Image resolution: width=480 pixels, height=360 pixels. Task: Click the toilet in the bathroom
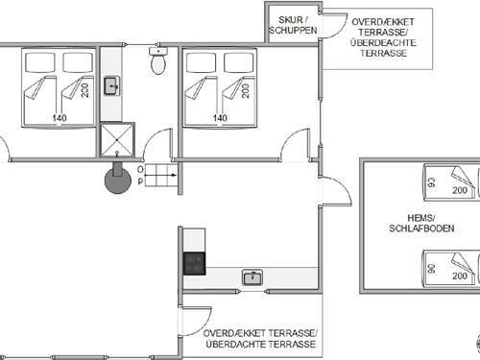click(x=158, y=60)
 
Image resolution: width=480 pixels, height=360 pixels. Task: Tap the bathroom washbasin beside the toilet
click(x=111, y=85)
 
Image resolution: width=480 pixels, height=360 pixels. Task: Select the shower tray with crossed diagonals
click(x=117, y=140)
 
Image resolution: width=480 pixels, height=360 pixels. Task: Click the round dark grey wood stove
click(x=118, y=180)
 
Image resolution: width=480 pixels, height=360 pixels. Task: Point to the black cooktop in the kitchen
click(x=194, y=264)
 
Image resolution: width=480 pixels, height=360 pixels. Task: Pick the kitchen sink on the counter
click(x=252, y=277)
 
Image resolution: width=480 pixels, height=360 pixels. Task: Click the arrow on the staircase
click(x=160, y=175)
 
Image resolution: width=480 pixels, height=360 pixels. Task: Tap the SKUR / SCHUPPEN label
click(x=293, y=25)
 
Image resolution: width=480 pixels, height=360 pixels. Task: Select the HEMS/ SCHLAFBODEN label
click(x=421, y=223)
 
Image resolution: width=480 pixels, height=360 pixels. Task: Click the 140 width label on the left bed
click(x=60, y=118)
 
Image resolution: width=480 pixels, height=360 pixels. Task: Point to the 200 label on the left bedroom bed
click(x=85, y=90)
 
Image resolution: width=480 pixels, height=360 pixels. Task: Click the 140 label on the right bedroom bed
click(x=220, y=118)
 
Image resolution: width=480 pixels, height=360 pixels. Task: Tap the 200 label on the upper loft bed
click(x=460, y=190)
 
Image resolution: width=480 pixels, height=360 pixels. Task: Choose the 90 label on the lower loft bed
click(x=432, y=269)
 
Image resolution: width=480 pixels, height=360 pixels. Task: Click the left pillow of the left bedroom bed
click(x=40, y=62)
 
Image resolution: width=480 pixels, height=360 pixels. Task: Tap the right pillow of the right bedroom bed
click(x=239, y=62)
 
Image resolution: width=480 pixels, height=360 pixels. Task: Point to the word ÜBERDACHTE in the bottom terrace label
click(x=235, y=345)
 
